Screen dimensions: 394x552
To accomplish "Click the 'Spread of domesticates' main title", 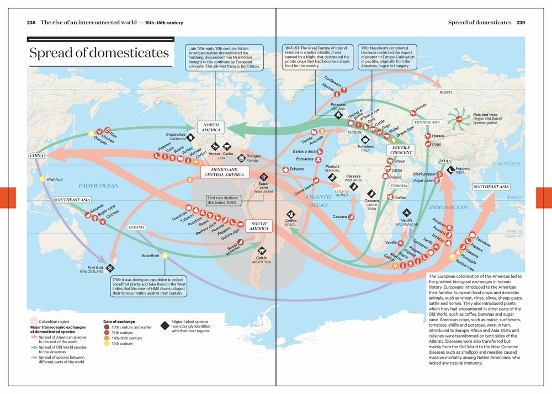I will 99,53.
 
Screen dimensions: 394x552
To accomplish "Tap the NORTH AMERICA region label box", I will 211,127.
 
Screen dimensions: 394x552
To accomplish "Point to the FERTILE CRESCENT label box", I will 402,150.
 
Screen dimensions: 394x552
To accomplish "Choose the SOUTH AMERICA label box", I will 259,226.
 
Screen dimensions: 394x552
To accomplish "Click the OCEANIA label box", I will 136,227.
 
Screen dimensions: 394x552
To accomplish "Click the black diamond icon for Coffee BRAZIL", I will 290,214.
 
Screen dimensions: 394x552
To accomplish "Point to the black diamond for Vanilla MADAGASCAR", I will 406,212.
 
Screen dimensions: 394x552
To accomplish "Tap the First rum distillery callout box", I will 225,200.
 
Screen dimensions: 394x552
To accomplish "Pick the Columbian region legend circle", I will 34,321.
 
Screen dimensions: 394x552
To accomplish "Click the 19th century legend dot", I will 106,344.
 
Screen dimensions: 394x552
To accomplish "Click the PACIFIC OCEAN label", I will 98,186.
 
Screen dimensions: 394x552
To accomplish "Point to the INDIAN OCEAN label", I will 448,207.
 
